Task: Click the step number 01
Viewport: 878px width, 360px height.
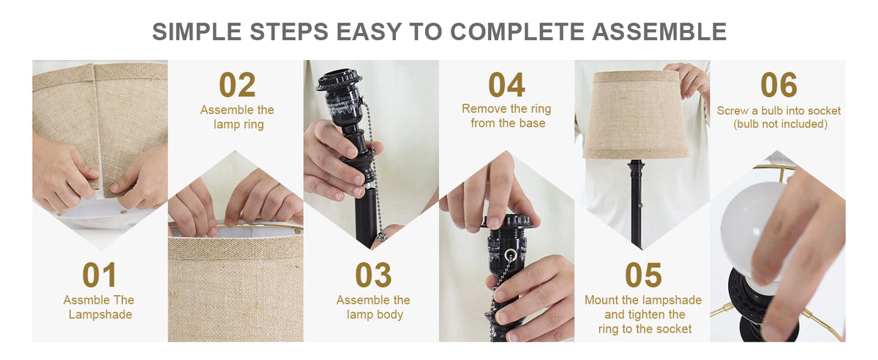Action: pyautogui.click(x=100, y=275)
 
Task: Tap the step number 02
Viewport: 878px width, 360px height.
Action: pyautogui.click(x=237, y=85)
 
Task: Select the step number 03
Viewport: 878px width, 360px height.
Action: pyautogui.click(x=373, y=275)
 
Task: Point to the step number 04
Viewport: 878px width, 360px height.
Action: pyautogui.click(x=506, y=85)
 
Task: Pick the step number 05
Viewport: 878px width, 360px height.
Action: pyautogui.click(x=643, y=275)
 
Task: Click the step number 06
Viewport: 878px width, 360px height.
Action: pyautogui.click(x=778, y=85)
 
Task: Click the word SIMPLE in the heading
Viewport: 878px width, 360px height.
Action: pyautogui.click(x=197, y=31)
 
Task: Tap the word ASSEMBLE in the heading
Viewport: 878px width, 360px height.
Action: pyautogui.click(x=659, y=31)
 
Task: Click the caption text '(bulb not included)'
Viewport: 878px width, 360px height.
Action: pyautogui.click(x=781, y=124)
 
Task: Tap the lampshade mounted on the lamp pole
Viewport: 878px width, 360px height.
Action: pyautogui.click(x=635, y=115)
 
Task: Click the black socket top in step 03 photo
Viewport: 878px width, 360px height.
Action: pyautogui.click(x=339, y=80)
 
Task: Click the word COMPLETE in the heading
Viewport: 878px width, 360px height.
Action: pyautogui.click(x=517, y=31)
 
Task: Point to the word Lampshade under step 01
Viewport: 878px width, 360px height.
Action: pyautogui.click(x=100, y=315)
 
